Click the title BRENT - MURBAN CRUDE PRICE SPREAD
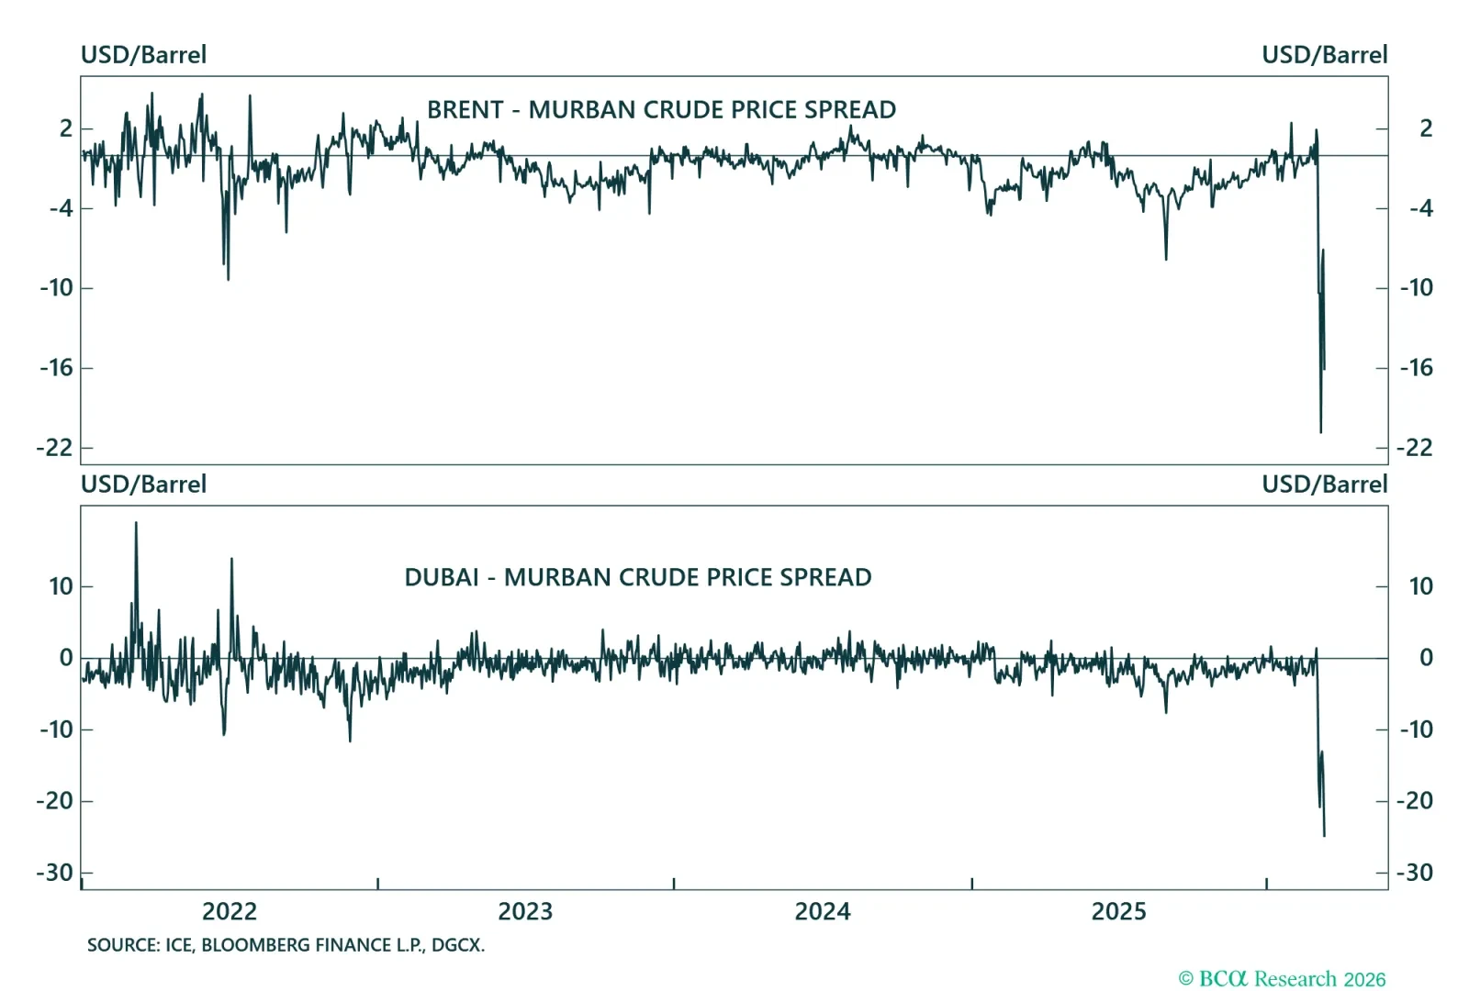tap(661, 110)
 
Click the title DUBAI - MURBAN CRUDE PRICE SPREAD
tap(638, 577)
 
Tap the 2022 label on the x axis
tap(230, 911)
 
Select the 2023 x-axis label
tap(525, 911)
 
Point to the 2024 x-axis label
tap(823, 911)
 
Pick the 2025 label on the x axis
tap(1118, 911)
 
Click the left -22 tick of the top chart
tap(54, 448)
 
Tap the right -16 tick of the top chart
tap(1416, 368)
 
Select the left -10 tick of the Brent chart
tap(56, 288)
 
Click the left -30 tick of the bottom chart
tap(54, 873)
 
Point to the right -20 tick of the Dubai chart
tap(1414, 801)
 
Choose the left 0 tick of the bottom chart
tap(66, 658)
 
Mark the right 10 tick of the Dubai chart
tap(1420, 586)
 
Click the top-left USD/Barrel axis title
tap(143, 55)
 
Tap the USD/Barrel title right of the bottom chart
tap(1324, 484)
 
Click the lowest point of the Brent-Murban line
tap(1320, 432)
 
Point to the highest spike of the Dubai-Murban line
tap(136, 523)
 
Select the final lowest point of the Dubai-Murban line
tap(1324, 835)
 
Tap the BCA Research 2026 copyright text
tap(1282, 979)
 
